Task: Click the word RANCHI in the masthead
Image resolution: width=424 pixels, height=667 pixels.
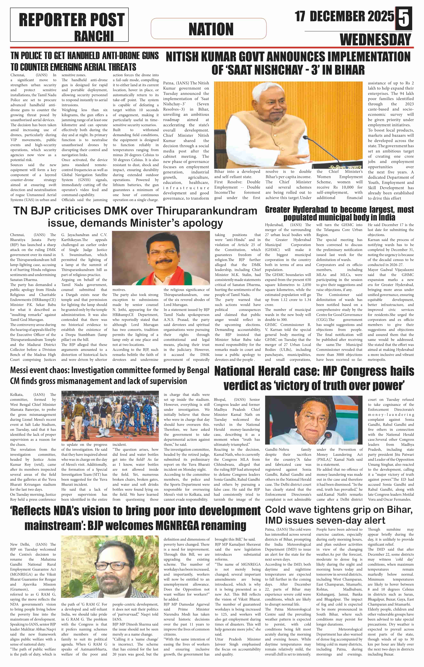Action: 94,36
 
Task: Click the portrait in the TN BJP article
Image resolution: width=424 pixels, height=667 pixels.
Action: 161,258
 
